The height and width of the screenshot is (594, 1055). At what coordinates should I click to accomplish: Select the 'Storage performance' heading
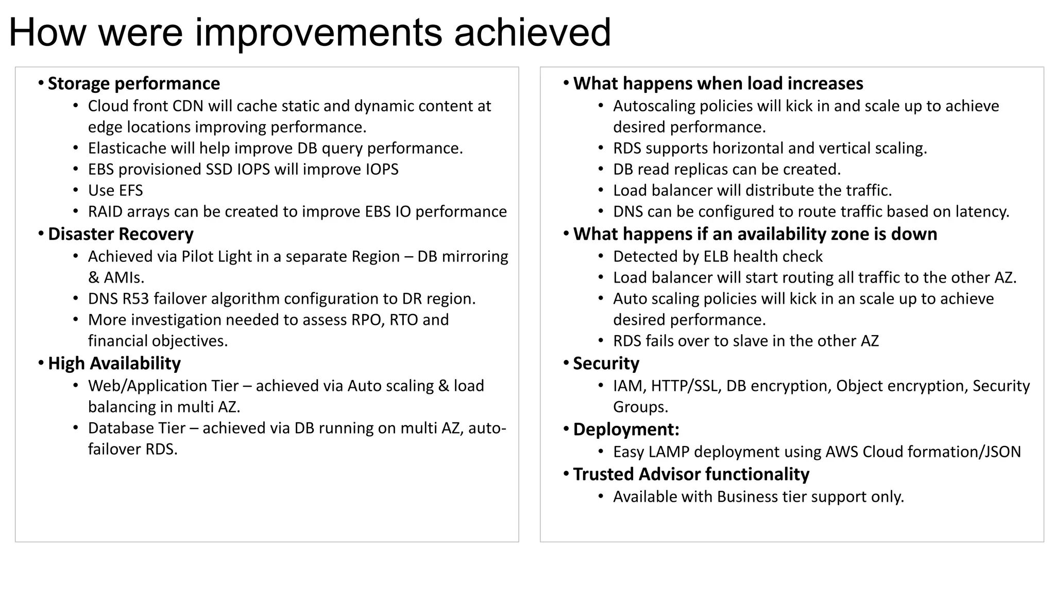[133, 84]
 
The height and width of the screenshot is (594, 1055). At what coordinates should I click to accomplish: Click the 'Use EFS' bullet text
[115, 191]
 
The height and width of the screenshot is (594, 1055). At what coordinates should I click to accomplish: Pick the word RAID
[105, 212]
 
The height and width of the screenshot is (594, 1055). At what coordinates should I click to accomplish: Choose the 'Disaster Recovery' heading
[121, 234]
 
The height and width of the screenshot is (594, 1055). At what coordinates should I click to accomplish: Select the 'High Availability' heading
[114, 364]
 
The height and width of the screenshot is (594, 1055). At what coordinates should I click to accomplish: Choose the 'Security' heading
[606, 364]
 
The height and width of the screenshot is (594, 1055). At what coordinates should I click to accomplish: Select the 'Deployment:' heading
[626, 430]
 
